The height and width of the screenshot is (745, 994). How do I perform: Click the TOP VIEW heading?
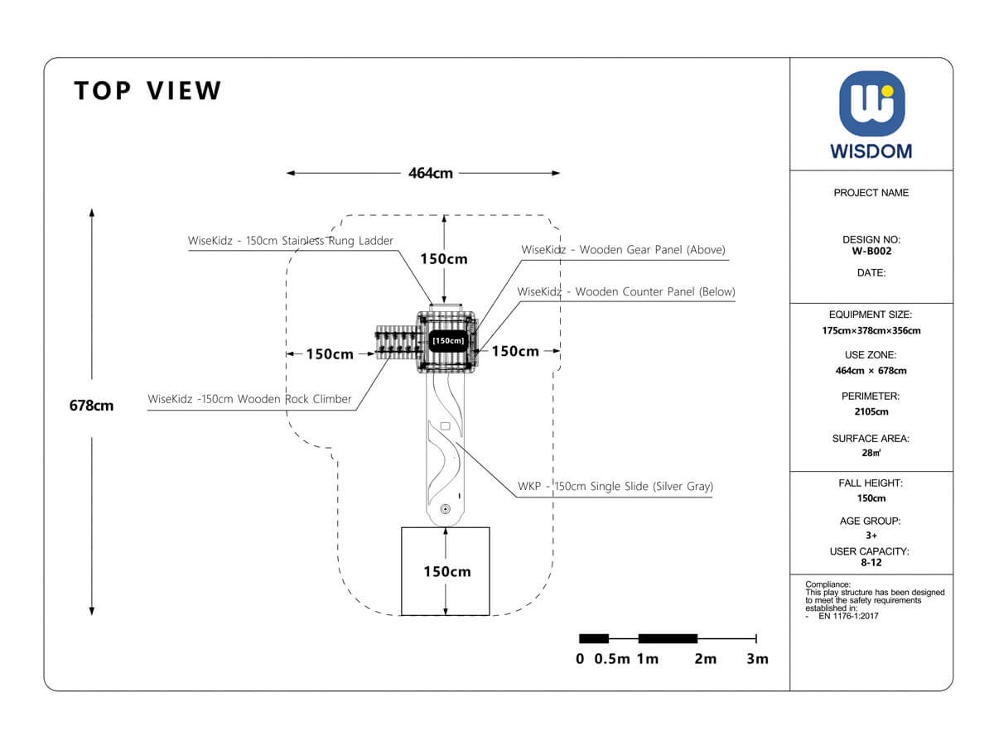pos(148,91)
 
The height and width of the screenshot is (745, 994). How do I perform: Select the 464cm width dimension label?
pos(431,174)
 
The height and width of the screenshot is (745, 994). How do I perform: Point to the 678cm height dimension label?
pos(91,406)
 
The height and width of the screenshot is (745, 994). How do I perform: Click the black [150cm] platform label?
pos(448,340)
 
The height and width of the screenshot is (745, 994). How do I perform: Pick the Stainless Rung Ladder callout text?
pos(291,241)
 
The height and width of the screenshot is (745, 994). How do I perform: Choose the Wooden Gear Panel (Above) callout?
pos(623,250)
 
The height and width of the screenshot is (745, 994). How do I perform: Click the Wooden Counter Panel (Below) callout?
pos(626,292)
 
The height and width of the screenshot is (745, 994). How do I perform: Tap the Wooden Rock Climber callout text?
pos(249,399)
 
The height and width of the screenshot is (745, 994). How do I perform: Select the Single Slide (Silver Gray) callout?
pos(615,487)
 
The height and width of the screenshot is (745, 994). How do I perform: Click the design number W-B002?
pos(871,252)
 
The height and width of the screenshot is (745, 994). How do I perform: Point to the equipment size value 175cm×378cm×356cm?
pos(871,331)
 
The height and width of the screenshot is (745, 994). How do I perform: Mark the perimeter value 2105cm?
pos(871,411)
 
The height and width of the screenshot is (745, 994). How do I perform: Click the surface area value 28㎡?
pos(871,453)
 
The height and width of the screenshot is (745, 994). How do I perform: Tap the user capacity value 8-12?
pos(871,562)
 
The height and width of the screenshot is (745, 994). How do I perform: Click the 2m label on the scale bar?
pos(705,659)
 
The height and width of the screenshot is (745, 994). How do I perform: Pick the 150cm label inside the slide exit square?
pos(447,572)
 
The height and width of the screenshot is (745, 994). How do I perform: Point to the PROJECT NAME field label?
pos(871,193)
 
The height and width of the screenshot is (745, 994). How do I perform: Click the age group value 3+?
pos(871,536)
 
